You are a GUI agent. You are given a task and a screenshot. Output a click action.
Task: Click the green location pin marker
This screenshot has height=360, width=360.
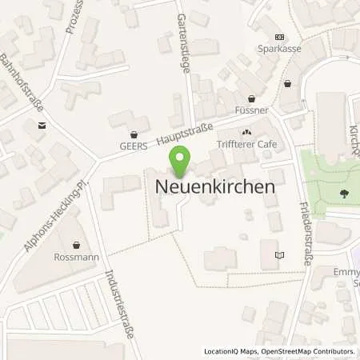[x=180, y=160]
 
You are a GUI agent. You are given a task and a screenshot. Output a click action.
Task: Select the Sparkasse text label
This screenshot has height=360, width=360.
[x=280, y=48]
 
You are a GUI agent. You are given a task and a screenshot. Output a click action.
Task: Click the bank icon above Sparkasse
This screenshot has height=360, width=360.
[x=279, y=37]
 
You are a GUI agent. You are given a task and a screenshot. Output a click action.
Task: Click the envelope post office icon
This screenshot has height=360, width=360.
[x=40, y=125]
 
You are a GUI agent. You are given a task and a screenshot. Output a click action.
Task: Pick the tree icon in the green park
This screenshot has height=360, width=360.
[x=345, y=193]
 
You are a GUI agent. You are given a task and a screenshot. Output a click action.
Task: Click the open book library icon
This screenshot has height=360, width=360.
[x=278, y=255]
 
